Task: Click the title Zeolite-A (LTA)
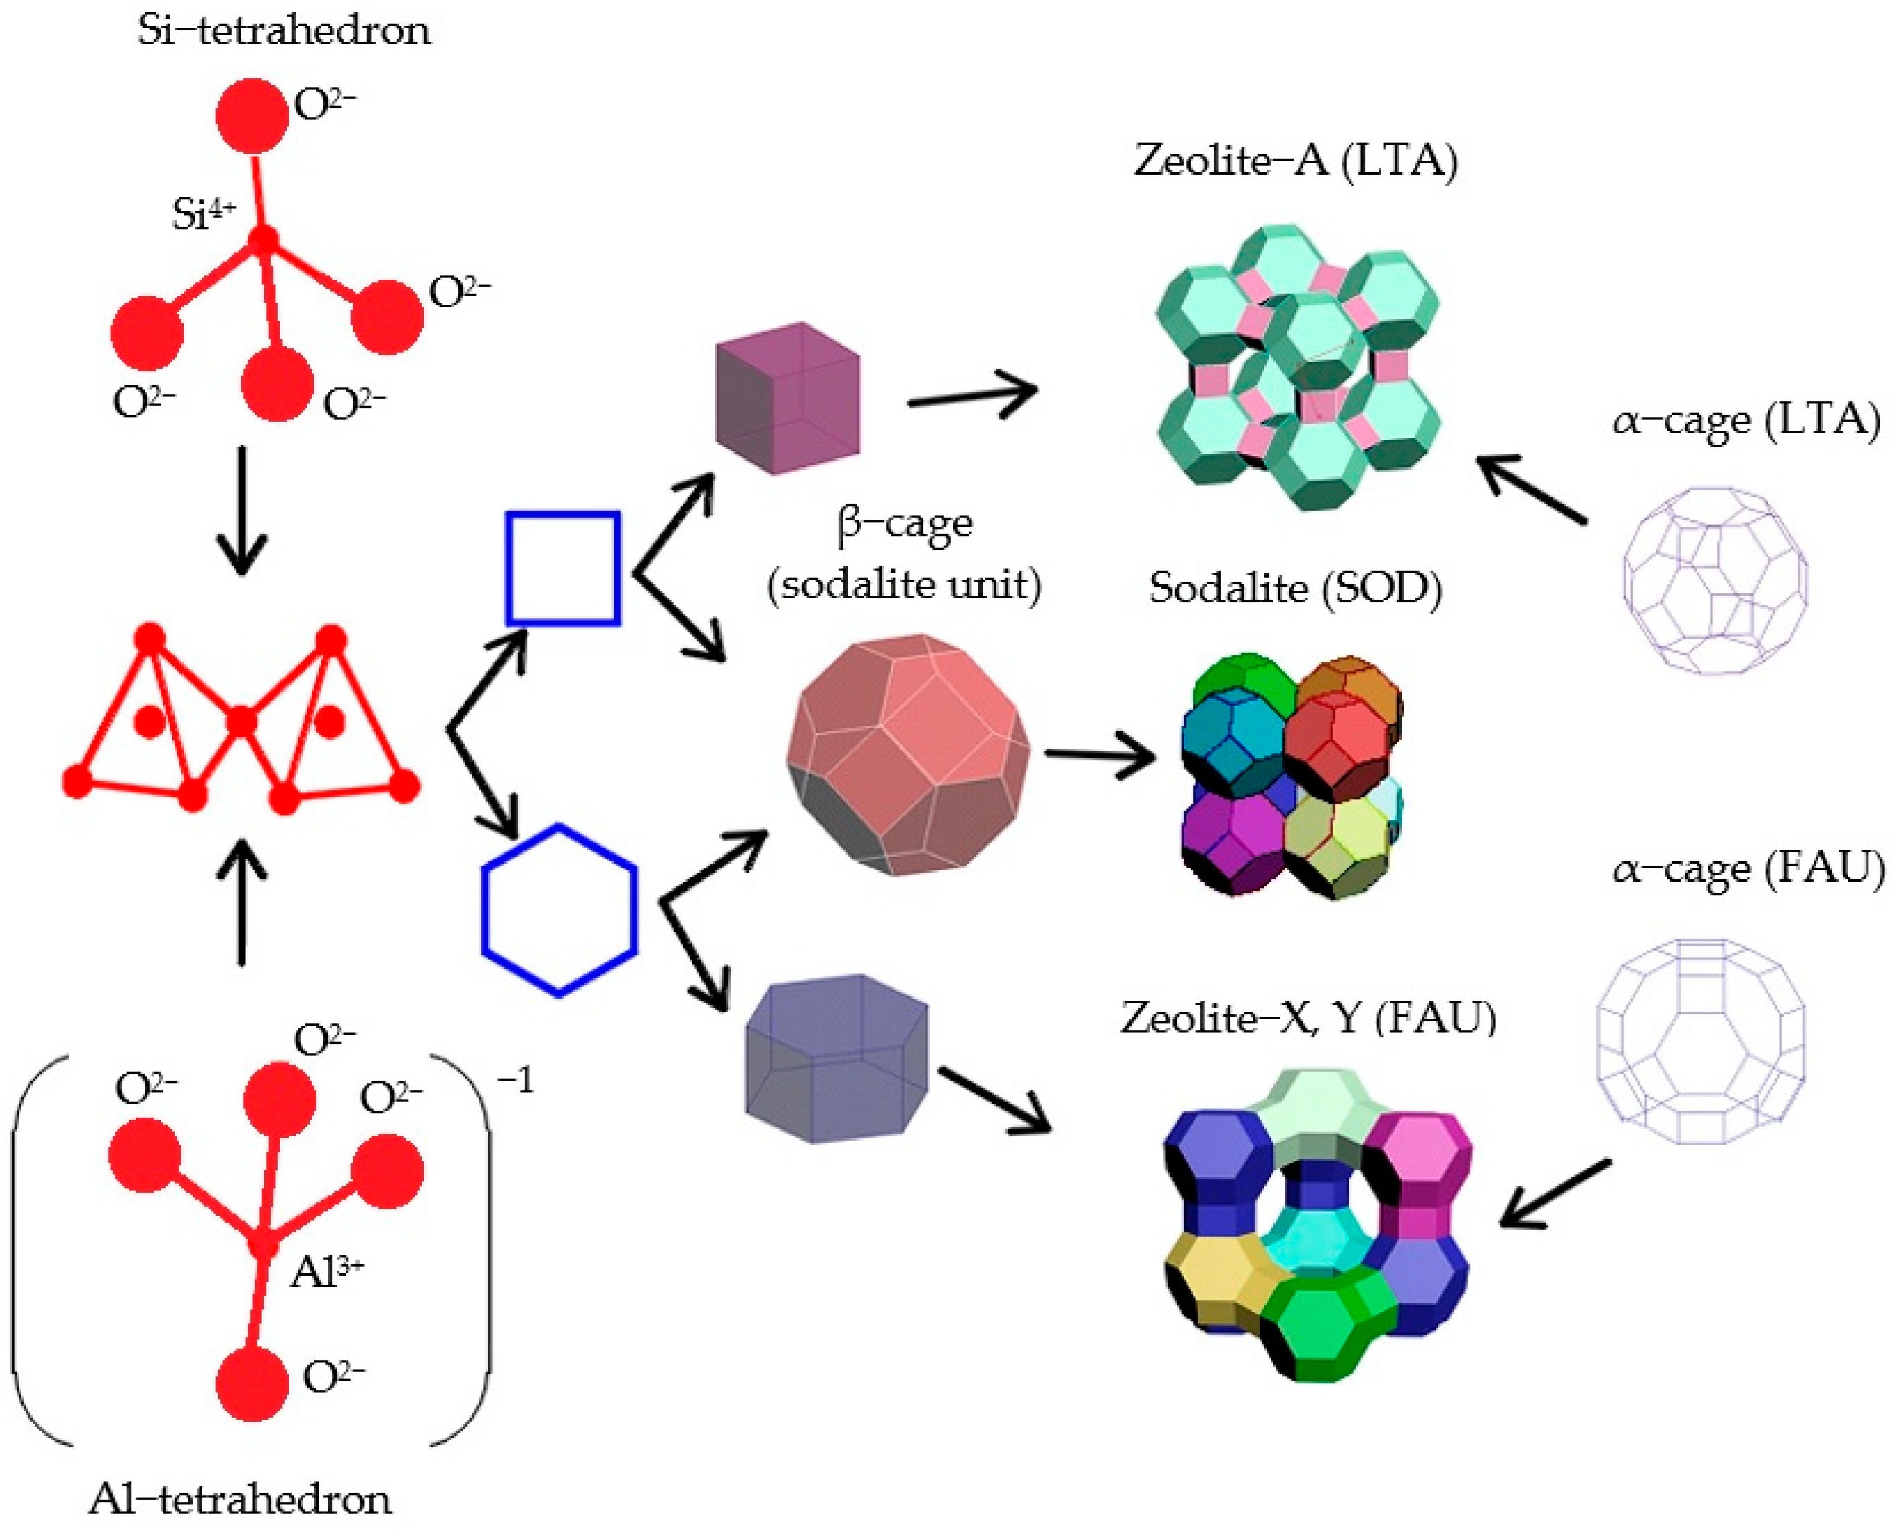pos(1296,161)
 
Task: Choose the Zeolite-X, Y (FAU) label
pos(1307,1019)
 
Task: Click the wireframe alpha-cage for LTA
pos(1715,581)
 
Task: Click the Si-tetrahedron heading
pos(283,31)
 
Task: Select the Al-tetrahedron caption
pos(240,1499)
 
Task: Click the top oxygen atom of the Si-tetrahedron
pos(252,116)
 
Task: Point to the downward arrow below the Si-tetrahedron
pos(242,511)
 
